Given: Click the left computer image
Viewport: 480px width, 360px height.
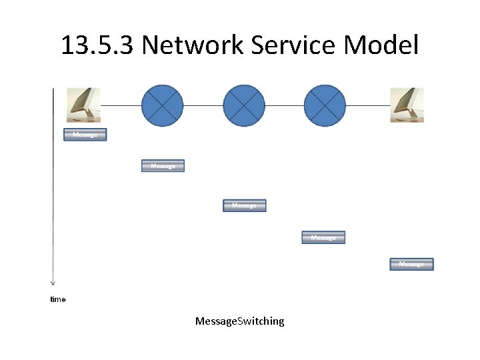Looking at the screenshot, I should point(84,105).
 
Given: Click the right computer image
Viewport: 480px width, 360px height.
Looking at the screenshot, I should point(407,105).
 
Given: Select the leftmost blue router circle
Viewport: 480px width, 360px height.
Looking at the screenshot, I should point(163,105).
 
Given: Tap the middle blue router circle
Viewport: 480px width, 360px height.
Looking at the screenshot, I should point(243,105).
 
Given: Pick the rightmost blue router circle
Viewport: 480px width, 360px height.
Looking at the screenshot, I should point(325,105).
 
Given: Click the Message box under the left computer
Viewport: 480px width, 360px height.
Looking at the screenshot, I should point(85,135).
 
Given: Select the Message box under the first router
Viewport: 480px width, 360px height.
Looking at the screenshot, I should point(163,165).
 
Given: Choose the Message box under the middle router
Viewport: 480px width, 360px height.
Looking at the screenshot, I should point(244,205).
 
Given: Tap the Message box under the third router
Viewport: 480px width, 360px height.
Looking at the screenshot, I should point(323,237).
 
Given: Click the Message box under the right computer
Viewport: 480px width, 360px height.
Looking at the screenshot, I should point(411,264).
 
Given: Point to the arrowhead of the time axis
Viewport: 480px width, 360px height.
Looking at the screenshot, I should point(53,283).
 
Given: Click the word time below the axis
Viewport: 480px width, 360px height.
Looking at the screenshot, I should point(58,299).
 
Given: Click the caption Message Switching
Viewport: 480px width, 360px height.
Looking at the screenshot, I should point(239,321).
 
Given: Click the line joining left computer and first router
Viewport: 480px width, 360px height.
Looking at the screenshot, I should point(121,105).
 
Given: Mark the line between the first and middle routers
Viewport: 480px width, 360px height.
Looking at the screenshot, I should point(203,105).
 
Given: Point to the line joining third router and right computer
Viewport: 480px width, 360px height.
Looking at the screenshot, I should point(368,105).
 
